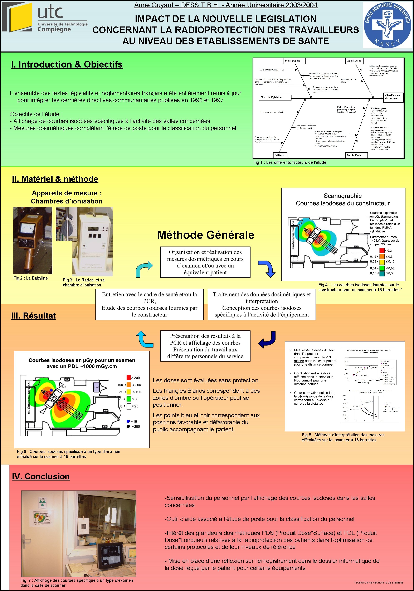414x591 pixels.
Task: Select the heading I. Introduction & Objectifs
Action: [x=67, y=64]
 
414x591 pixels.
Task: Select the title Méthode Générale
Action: [x=205, y=235]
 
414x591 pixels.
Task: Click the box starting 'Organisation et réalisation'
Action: [x=205, y=262]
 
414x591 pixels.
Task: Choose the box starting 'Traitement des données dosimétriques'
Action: [x=262, y=305]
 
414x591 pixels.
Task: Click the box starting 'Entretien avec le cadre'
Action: [x=149, y=305]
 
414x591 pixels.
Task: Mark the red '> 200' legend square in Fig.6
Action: [x=128, y=378]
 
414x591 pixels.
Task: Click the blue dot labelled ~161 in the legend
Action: [x=128, y=421]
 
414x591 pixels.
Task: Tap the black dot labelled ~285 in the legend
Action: [x=128, y=427]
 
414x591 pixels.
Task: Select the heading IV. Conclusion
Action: [x=41, y=477]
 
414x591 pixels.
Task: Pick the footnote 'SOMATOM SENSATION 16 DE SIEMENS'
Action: [x=379, y=582]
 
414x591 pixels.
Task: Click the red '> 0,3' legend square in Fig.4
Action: [x=382, y=250]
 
